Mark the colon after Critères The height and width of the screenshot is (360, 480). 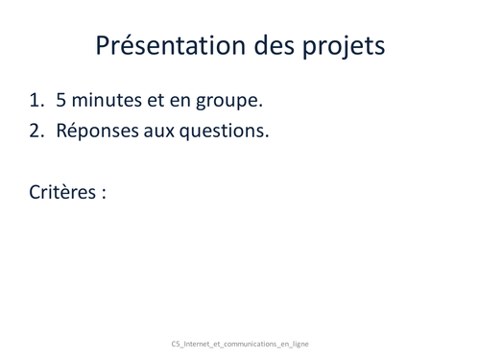(x=103, y=193)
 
